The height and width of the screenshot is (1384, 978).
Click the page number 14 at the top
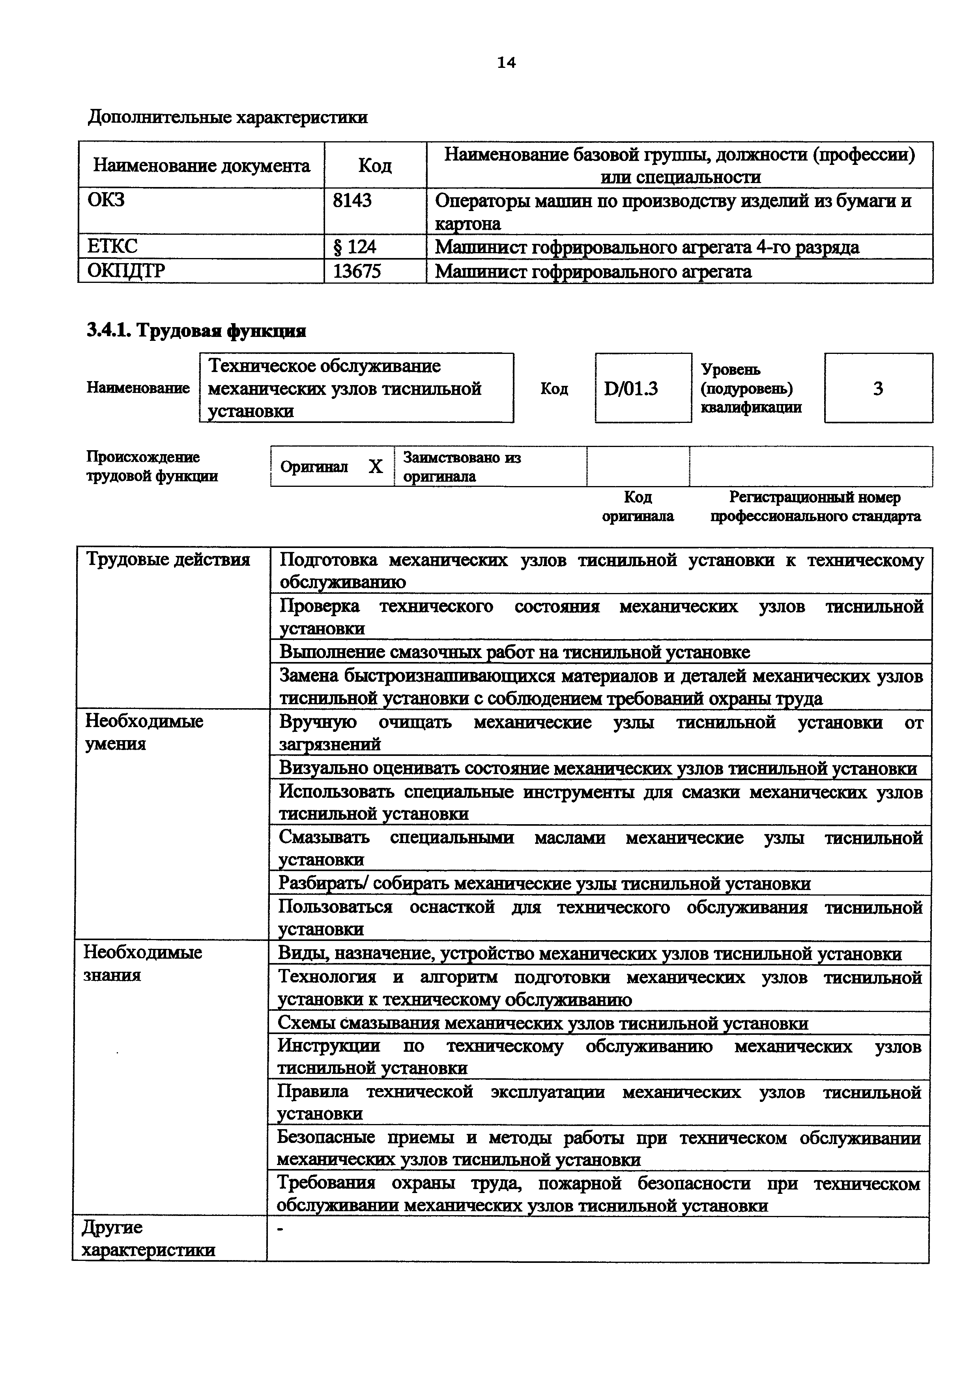click(x=506, y=63)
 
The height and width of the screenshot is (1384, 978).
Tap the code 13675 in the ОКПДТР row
click(x=357, y=271)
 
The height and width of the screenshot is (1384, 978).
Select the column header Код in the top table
click(x=375, y=165)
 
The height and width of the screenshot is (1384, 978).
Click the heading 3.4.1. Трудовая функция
click(x=196, y=331)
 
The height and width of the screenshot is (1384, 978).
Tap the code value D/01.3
click(x=630, y=389)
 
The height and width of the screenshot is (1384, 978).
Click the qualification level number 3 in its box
click(x=878, y=389)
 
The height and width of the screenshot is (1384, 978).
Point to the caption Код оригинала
click(x=638, y=506)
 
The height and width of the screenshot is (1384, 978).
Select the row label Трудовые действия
click(x=168, y=560)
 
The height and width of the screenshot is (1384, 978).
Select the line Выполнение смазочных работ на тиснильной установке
click(x=514, y=652)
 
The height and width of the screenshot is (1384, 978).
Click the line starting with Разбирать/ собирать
click(x=544, y=884)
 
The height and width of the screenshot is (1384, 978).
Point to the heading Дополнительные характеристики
click(x=228, y=117)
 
